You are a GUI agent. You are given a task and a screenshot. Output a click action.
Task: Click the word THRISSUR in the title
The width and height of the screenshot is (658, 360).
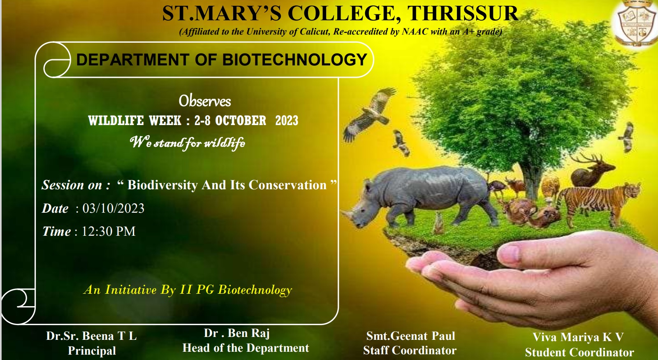[464, 14]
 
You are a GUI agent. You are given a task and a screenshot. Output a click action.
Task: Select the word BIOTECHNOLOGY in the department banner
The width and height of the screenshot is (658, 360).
[294, 60]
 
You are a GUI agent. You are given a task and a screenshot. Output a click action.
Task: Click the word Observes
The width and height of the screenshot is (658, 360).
[205, 101]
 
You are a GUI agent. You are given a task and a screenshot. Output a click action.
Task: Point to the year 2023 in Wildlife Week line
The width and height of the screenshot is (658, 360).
[287, 121]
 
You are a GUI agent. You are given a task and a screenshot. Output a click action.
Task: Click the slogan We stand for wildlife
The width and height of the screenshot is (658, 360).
[188, 142]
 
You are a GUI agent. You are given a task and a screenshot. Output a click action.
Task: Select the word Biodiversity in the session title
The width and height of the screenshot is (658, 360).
[162, 185]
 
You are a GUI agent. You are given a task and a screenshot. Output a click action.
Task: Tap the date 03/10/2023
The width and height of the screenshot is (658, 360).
[114, 208]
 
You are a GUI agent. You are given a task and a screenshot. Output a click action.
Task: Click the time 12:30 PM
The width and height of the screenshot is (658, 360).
[109, 231]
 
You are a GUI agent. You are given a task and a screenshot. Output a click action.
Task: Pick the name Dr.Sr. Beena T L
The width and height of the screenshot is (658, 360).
[91, 336]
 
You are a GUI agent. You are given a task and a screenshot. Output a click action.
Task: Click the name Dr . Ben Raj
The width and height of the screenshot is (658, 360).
[237, 333]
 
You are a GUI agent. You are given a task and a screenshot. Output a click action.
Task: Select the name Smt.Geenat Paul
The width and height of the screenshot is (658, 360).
[411, 336]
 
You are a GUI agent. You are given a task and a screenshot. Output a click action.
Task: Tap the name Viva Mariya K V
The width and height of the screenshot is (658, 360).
[578, 337]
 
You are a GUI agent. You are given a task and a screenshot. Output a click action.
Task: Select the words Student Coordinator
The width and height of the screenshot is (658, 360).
[579, 352]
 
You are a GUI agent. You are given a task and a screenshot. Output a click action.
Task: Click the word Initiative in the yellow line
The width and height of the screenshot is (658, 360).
[131, 290]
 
